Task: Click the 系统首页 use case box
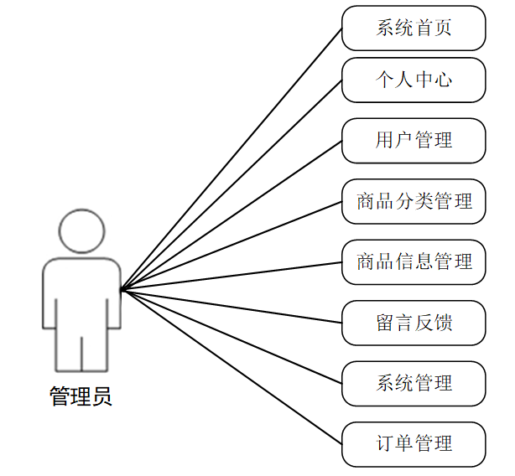[x=414, y=28]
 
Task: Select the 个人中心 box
[x=414, y=80]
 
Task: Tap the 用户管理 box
[x=414, y=140]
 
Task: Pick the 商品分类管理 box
[x=414, y=201]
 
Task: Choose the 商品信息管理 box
[x=414, y=261]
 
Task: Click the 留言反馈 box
[x=414, y=323]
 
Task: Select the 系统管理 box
[x=414, y=383]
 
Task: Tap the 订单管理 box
[x=414, y=443]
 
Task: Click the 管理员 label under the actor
[x=81, y=396]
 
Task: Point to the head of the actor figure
[x=82, y=231]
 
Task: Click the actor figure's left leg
[x=69, y=352]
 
